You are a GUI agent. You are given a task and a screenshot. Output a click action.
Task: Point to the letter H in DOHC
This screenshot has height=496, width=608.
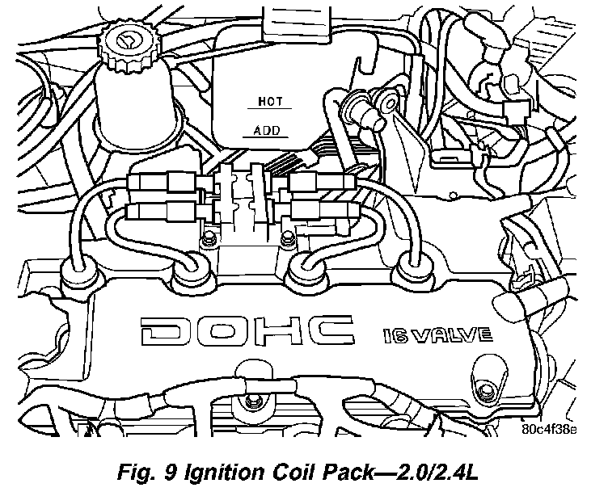point(277,331)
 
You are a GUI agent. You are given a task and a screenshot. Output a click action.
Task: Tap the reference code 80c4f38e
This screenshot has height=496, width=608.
point(550,429)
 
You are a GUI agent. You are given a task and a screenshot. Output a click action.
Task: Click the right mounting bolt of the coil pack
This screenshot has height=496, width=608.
point(284,239)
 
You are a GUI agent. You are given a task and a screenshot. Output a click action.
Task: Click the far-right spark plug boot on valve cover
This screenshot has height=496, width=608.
point(416,273)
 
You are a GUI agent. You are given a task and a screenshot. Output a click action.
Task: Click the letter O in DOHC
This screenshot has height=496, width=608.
point(220,331)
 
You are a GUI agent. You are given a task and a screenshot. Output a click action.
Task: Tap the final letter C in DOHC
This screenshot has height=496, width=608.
point(332,331)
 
